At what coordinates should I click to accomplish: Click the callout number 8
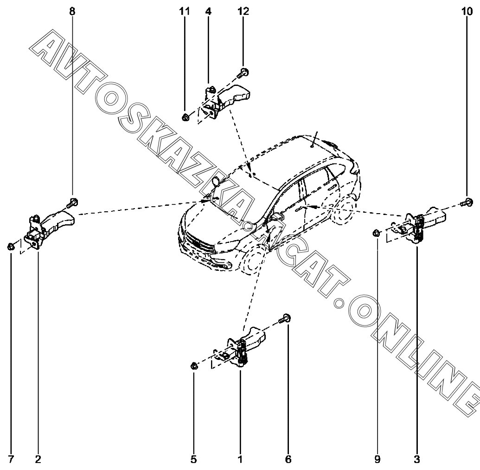click(x=72, y=12)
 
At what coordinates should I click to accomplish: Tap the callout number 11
click(x=185, y=12)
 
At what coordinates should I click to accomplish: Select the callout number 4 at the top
click(x=208, y=12)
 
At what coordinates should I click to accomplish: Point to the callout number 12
click(x=243, y=12)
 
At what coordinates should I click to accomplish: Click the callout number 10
click(x=467, y=12)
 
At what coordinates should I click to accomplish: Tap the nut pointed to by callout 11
click(x=185, y=116)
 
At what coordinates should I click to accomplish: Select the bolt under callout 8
click(x=72, y=202)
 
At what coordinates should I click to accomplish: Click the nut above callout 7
click(x=11, y=246)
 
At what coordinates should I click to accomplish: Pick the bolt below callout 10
click(x=467, y=202)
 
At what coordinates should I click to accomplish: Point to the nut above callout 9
click(x=377, y=232)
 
